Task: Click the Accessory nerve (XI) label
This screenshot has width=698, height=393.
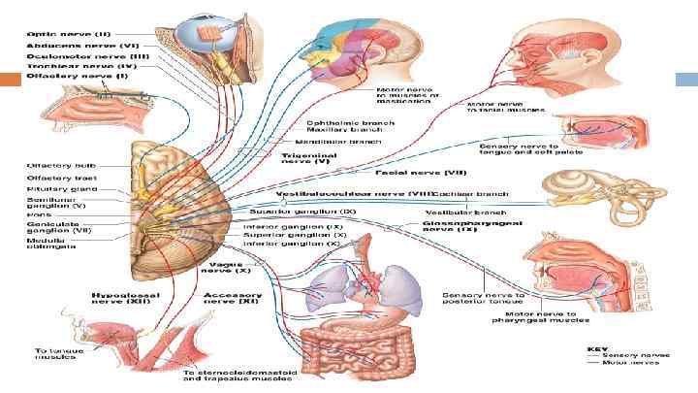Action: pos(232,297)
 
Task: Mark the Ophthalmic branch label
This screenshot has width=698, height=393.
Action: pos(338,122)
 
